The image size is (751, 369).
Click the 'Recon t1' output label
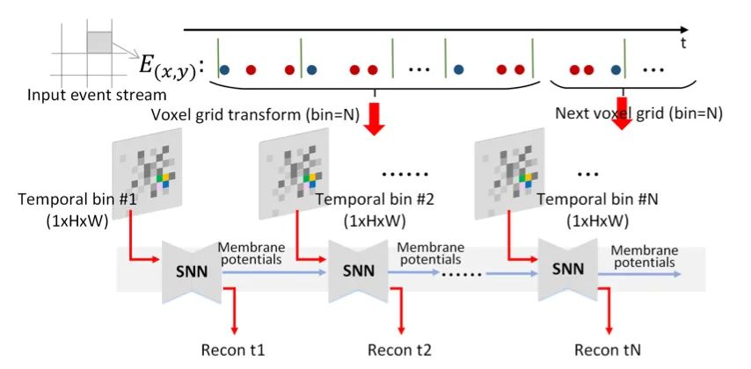point(236,351)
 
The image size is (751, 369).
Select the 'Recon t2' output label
point(400,351)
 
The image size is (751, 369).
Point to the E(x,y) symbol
point(172,65)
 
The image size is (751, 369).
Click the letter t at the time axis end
point(683,41)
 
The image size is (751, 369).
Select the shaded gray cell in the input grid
point(98,41)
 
